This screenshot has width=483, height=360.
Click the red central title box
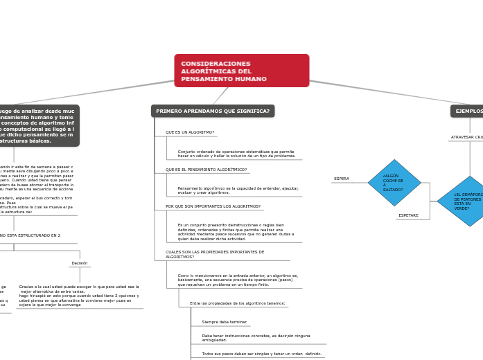coord(241,71)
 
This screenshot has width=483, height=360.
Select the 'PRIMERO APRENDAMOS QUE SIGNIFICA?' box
coord(213,111)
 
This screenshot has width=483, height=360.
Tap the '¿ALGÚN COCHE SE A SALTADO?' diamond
coord(394,183)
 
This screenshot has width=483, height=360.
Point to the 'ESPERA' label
coord(342,179)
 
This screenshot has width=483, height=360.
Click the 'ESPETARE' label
coord(408,215)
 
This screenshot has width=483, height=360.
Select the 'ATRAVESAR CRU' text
coord(467,137)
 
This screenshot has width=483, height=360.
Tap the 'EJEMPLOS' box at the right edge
coord(468,111)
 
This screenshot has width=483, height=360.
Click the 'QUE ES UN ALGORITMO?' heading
coord(190,132)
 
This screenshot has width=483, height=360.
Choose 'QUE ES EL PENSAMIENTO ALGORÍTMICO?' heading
coord(206,169)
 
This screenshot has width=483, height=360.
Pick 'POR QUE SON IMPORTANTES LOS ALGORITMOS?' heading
coord(213,206)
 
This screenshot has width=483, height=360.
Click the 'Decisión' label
coord(80,263)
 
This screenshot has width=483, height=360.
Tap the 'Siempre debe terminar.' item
coord(225,322)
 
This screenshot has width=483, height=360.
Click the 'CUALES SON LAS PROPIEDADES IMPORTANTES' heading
coord(215,252)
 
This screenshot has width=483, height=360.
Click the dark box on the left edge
coord(38,125)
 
